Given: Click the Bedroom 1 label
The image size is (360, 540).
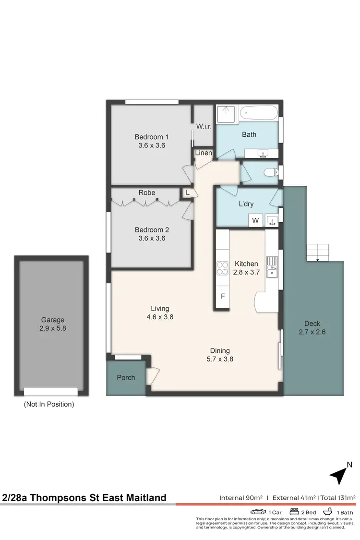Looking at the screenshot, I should click(x=152, y=137).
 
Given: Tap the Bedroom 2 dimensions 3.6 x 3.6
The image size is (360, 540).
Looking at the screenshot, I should click(x=152, y=238).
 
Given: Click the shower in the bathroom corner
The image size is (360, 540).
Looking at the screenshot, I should click(x=224, y=114).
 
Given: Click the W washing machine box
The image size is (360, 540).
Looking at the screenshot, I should click(x=255, y=221).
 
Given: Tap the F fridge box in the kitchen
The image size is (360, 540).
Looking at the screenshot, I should click(x=223, y=296).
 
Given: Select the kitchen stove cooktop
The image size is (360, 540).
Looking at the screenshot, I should click(x=223, y=268).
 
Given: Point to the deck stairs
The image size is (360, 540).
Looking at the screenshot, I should click(x=318, y=252).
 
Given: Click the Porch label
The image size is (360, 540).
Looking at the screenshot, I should click(x=126, y=378).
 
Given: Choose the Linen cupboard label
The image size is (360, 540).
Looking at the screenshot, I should click(x=202, y=153).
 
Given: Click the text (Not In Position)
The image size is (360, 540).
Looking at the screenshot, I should click(x=49, y=404).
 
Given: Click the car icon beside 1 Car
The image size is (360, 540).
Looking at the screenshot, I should click(x=258, y=512).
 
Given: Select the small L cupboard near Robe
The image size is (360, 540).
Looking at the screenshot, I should click(x=188, y=192).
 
